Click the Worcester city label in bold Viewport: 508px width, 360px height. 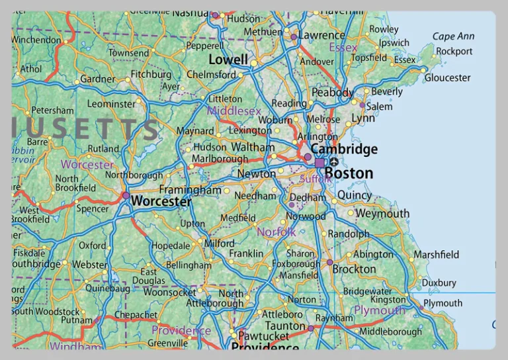pyautogui.click(x=161, y=201)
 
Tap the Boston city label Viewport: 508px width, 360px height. pyautogui.click(x=349, y=173)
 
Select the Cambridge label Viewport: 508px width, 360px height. pyautogui.click(x=344, y=149)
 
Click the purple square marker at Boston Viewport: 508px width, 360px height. pyautogui.click(x=319, y=163)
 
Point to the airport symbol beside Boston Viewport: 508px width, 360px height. pyautogui.click(x=334, y=162)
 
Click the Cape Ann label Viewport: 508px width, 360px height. pyautogui.click(x=453, y=36)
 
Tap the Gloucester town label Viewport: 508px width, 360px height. pyautogui.click(x=447, y=77)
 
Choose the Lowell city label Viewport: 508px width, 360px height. pyautogui.click(x=228, y=60)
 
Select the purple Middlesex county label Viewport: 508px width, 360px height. pyautogui.click(x=234, y=111)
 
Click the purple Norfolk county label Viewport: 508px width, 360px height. pyautogui.click(x=276, y=232)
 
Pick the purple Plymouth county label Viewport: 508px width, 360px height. pyautogui.click(x=379, y=310)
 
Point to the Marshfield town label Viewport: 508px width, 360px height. pyautogui.click(x=436, y=254)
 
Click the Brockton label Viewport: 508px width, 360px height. pyautogui.click(x=354, y=269)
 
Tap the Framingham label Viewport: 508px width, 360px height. pyautogui.click(x=190, y=190)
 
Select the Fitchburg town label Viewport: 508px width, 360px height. pyautogui.click(x=151, y=75)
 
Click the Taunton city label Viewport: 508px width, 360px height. pyautogui.click(x=284, y=326)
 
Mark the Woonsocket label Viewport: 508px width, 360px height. pyautogui.click(x=169, y=292)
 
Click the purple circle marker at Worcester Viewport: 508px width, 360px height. pyautogui.click(x=126, y=195)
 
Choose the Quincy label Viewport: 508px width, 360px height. pyautogui.click(x=355, y=195)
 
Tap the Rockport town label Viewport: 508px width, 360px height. pyautogui.click(x=454, y=51)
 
